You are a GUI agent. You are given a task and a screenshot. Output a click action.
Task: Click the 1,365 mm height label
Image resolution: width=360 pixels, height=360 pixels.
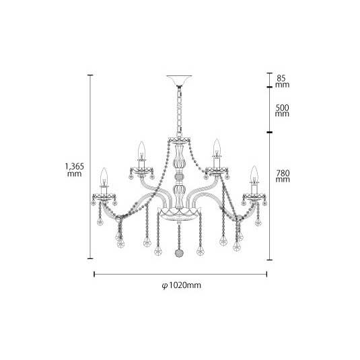(x=75, y=170)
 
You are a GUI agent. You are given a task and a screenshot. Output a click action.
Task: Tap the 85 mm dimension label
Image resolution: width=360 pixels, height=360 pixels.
(x=282, y=81)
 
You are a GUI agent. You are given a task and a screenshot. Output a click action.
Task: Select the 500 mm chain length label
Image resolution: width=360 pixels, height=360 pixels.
(x=282, y=110)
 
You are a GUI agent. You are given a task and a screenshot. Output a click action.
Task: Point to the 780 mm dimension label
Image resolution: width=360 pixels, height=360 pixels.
(x=283, y=176)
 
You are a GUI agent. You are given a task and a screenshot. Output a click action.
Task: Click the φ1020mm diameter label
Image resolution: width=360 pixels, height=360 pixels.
(x=182, y=285)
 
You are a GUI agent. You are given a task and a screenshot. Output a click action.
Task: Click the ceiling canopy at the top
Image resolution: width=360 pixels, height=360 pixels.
(x=179, y=80)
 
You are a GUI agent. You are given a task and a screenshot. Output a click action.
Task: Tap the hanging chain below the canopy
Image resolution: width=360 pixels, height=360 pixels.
(x=179, y=111)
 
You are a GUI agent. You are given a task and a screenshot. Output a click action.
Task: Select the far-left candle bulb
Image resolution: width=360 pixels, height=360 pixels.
(x=104, y=176)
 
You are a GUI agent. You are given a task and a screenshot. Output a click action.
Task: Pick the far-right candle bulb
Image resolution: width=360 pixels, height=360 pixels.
(x=254, y=174)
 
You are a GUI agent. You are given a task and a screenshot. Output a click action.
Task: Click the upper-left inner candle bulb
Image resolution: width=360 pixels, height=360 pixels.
(x=142, y=149)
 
